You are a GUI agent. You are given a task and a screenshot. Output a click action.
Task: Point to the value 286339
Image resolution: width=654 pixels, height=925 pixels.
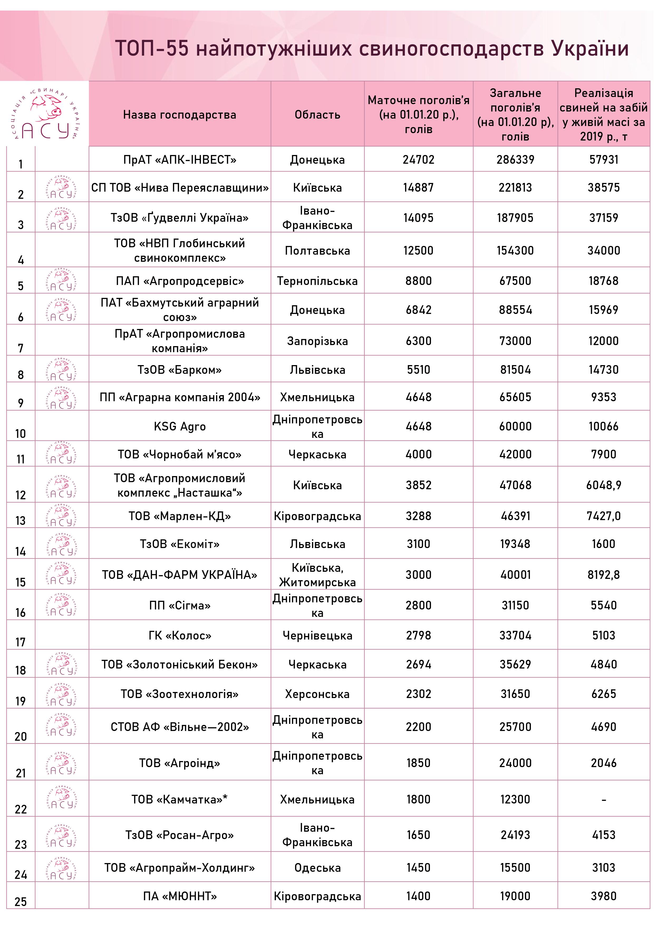point(515,159)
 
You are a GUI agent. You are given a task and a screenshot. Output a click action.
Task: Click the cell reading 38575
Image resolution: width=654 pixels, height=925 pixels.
point(603,187)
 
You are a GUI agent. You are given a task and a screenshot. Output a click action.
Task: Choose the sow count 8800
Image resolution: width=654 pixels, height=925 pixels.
point(418,281)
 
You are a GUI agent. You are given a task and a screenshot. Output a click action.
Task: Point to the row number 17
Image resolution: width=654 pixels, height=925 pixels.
point(21,642)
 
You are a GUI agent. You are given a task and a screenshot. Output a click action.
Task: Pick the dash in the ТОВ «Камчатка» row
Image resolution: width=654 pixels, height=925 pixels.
point(603,800)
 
